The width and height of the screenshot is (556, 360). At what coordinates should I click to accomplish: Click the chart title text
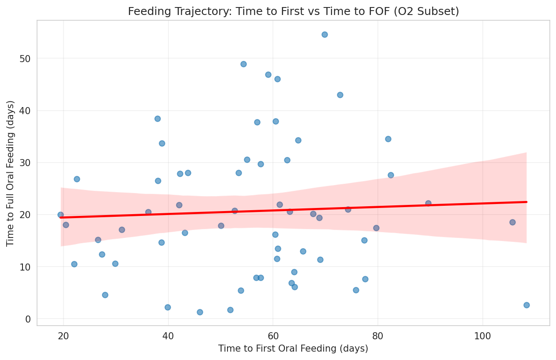293,11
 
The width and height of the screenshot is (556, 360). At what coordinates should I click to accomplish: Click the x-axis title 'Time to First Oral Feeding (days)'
293,349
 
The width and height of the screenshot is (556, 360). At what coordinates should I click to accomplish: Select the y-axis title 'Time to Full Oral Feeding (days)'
11,173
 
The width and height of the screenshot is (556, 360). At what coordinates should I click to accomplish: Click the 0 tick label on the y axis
28,319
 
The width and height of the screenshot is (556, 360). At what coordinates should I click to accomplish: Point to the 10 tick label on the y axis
26,267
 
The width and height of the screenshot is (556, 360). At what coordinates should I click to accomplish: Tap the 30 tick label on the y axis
26,163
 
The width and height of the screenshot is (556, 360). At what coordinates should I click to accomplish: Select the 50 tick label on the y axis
26,59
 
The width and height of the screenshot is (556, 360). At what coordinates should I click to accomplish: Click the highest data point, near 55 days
325,34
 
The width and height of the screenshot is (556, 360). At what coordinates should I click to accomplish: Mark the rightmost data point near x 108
526,305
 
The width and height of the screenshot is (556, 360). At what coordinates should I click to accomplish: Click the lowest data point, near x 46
200,312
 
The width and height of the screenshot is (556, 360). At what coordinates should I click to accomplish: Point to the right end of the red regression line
526,202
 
